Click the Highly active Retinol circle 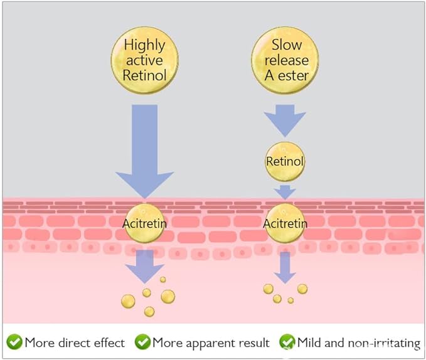pos(144,60)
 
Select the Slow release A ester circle pos(285,60)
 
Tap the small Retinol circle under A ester pos(285,162)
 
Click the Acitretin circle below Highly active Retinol pos(144,223)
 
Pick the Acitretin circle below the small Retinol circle pos(285,223)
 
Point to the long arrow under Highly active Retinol pos(144,152)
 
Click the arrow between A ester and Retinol pos(285,121)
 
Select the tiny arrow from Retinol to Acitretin pos(285,192)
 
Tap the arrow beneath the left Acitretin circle pos(144,267)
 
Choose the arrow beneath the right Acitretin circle pos(285,268)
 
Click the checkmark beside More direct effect pos(14,342)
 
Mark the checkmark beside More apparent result pos(142,342)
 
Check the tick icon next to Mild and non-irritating pos(287,342)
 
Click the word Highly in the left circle pos(144,46)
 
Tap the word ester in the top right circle pos(294,76)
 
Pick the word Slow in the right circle pos(287,45)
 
